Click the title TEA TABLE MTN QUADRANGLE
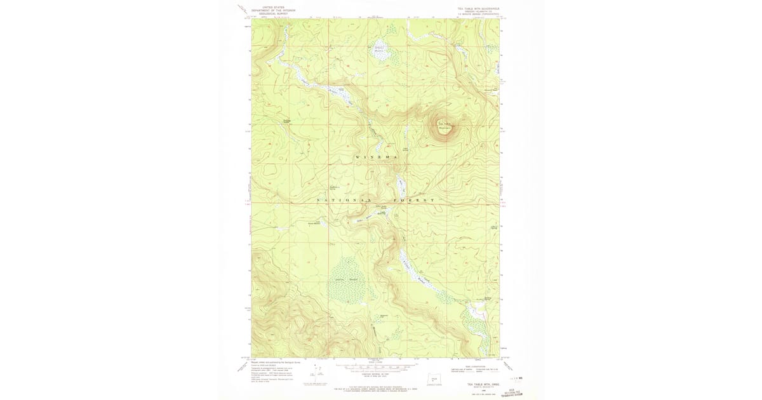pos(478,9)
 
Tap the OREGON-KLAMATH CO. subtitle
pos(478,11)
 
